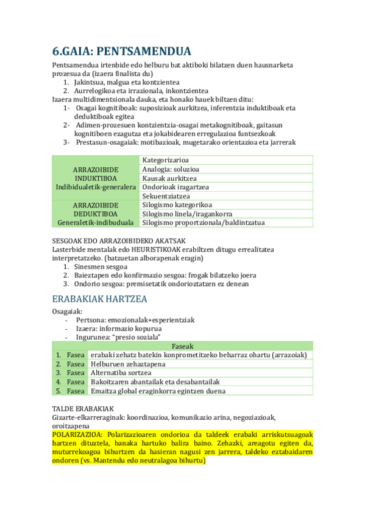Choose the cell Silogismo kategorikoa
click(177, 205)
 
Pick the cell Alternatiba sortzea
click(120, 372)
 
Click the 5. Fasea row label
click(69, 391)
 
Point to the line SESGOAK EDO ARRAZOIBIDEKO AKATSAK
click(114, 240)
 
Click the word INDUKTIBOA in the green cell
click(95, 178)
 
